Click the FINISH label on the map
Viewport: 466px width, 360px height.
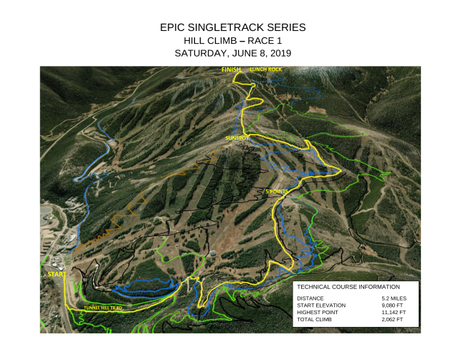pos(231,69)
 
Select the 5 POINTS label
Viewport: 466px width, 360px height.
pos(277,192)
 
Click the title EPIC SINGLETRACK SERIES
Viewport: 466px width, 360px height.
pos(233,27)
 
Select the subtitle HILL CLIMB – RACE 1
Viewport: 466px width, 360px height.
pos(233,40)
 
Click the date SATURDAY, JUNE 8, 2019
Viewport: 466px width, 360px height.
pos(233,53)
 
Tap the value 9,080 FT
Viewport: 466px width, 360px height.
pos(394,305)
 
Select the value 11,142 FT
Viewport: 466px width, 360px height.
pos(395,312)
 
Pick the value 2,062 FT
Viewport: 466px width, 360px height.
pos(394,319)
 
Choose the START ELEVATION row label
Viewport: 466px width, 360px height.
pos(320,305)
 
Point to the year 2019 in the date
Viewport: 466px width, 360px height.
pos(280,53)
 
